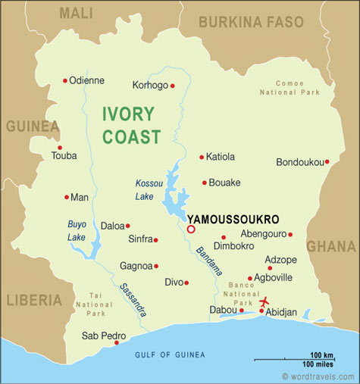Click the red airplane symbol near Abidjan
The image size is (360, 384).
tap(265, 303)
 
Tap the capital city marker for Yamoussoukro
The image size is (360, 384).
tap(191, 229)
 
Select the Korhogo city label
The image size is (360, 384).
tap(150, 85)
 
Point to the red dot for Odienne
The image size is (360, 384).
tap(65, 80)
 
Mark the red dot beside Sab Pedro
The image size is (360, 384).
tap(116, 342)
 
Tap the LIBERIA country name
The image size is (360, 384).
tap(33, 300)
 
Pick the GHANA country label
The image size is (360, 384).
tap(330, 246)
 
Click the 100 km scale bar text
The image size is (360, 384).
tap(322, 355)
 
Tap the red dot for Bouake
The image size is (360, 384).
tap(204, 183)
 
